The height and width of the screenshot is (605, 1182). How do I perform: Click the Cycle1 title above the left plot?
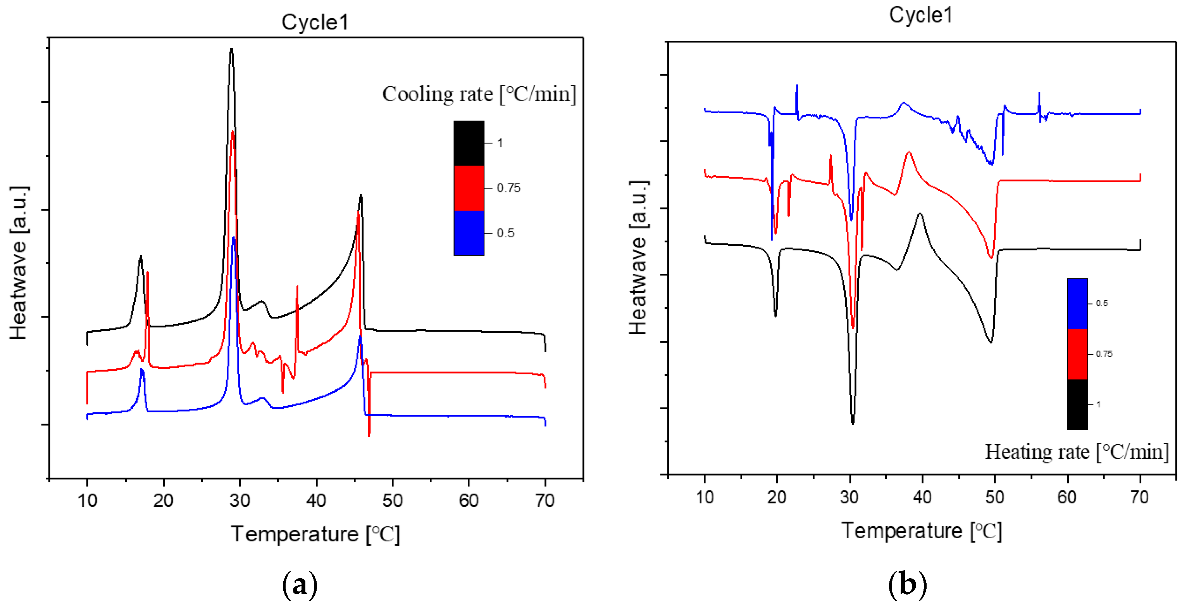[315, 22]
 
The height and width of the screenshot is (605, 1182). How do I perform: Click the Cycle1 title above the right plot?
[920, 15]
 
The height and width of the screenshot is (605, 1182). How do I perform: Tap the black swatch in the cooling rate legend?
[469, 143]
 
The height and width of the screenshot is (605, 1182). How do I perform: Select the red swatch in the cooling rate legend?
[469, 188]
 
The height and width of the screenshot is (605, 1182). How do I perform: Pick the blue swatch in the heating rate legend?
[1077, 303]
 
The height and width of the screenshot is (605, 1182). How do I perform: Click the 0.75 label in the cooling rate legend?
[508, 188]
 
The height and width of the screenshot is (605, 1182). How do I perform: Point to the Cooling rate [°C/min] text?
[479, 94]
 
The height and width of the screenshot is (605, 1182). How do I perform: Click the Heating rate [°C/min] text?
[1076, 452]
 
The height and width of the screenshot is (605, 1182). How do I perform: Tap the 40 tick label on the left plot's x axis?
[316, 500]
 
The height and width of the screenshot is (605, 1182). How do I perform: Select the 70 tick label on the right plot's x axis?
[1139, 497]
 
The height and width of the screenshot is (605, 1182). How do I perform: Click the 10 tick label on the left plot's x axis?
[87, 500]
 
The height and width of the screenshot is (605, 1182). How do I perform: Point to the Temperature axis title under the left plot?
[315, 534]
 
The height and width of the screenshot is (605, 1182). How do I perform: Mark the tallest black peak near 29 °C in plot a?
[231, 50]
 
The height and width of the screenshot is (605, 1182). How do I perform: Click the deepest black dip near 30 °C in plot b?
[853, 422]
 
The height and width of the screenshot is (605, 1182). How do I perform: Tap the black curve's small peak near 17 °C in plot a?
[140, 257]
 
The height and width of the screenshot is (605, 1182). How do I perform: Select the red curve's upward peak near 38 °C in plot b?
[908, 152]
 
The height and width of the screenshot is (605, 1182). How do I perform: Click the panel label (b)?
[907, 585]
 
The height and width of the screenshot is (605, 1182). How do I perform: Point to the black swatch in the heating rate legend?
[1077, 404]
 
